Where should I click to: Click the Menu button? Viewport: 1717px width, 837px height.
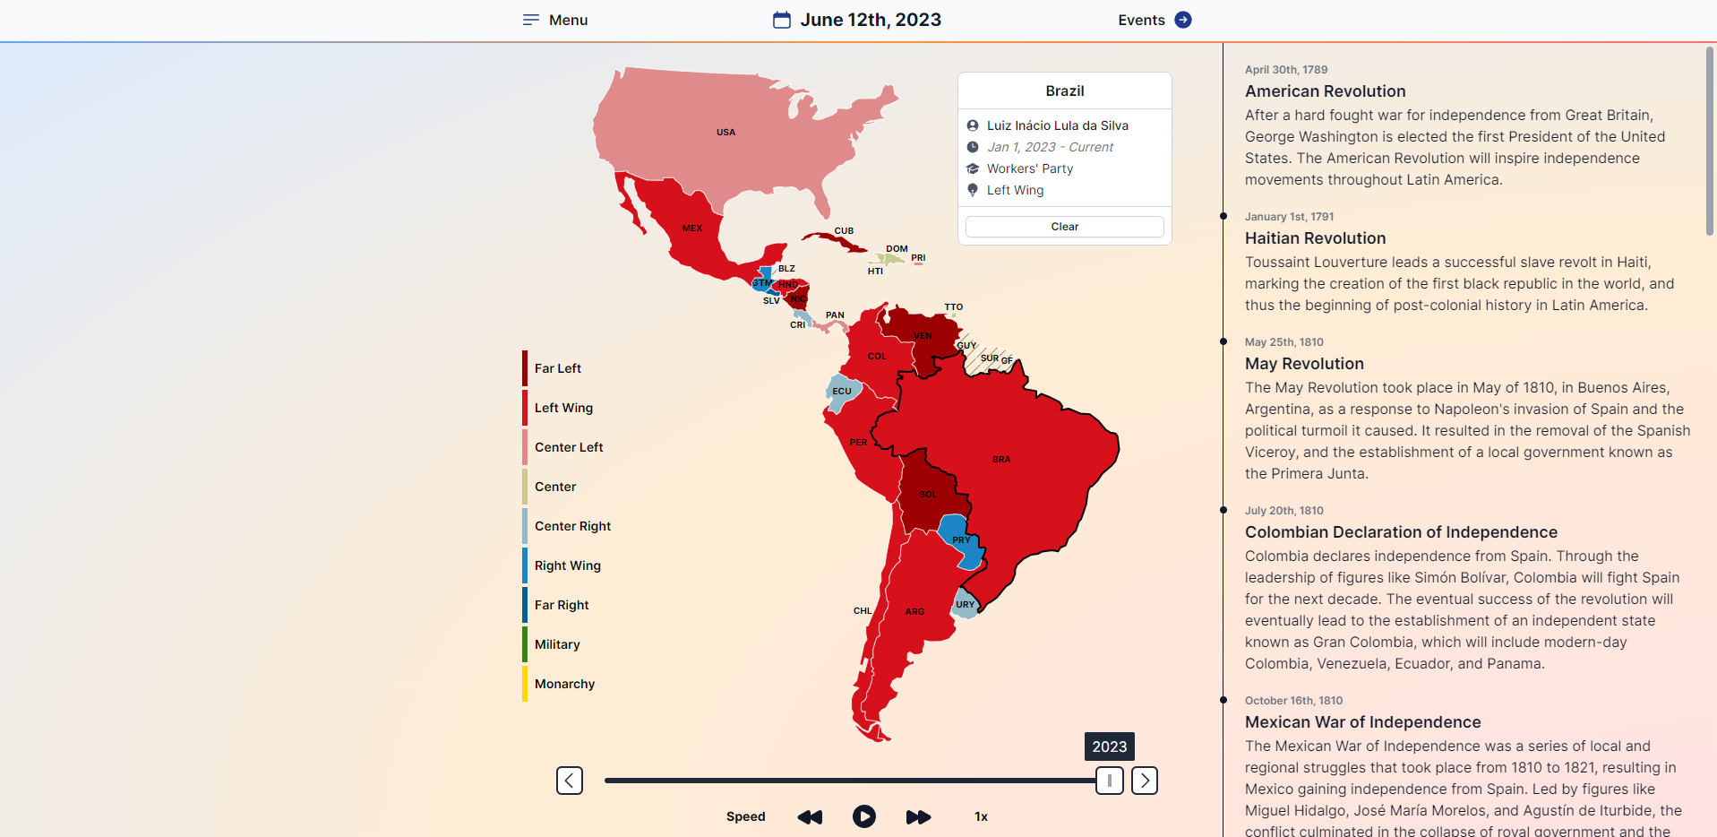(x=555, y=20)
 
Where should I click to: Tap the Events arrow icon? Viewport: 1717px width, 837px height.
(x=1183, y=20)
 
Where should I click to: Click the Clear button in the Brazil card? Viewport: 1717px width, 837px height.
(x=1064, y=227)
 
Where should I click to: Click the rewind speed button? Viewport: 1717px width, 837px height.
(x=810, y=816)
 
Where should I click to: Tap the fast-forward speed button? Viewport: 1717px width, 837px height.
(x=918, y=816)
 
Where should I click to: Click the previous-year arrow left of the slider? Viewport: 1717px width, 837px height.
(x=570, y=781)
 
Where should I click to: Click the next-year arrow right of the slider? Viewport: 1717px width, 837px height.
(x=1145, y=781)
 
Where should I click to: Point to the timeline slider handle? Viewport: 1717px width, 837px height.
(x=1109, y=781)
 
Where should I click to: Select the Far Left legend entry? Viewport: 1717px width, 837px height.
(x=557, y=368)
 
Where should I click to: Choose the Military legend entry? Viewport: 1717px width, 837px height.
(x=557, y=644)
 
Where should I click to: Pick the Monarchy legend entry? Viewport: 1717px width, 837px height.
(x=564, y=684)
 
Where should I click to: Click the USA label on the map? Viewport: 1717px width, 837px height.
(x=725, y=133)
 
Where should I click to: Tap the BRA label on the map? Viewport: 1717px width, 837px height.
(x=1001, y=460)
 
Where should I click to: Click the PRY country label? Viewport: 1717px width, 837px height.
(x=961, y=539)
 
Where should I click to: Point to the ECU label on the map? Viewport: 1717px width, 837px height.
(x=842, y=392)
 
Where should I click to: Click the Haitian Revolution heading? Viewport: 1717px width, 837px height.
(x=1315, y=238)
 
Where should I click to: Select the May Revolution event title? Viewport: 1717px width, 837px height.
(x=1304, y=364)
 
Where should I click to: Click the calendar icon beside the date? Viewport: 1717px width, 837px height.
(x=782, y=20)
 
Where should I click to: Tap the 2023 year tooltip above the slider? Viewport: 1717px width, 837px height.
(x=1109, y=746)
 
